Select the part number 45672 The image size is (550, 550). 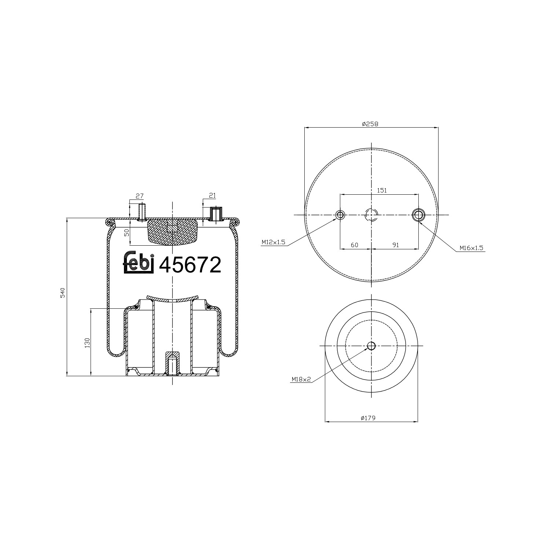coord(190,265)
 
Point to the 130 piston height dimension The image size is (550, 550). coord(87,342)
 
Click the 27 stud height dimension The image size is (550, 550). coord(139,196)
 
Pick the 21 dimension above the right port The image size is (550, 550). coord(212,196)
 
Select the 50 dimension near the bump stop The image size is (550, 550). coord(127,233)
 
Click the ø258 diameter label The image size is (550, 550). coord(370,124)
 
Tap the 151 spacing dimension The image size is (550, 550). coord(382,190)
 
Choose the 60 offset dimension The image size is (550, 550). coord(354,245)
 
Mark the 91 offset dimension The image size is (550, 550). coord(395,245)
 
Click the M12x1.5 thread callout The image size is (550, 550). coord(273,242)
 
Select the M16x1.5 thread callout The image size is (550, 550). coord(472,248)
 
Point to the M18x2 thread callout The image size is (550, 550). coord(301,379)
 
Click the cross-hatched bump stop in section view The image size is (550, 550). coord(172,233)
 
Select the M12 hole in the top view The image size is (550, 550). coord(340,215)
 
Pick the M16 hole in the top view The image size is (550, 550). coord(418,215)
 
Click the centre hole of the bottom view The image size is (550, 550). coord(371,346)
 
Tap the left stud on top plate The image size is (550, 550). coord(141,212)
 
